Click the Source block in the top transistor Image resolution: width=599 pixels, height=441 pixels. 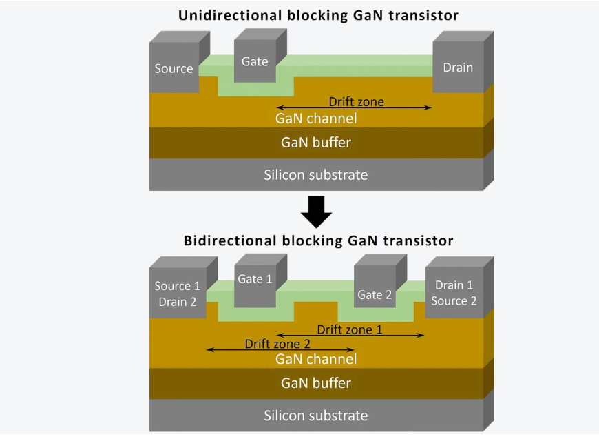(174, 68)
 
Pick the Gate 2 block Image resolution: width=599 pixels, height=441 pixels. (374, 294)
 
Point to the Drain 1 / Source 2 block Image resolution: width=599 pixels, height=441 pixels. (450, 292)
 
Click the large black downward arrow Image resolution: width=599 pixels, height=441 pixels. (316, 212)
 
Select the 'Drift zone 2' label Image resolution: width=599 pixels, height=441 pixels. (277, 343)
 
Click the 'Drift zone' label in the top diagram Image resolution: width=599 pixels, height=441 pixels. (356, 102)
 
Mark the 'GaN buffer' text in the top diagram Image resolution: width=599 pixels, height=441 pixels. (316, 143)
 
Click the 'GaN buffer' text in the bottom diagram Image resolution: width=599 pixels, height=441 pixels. (316, 383)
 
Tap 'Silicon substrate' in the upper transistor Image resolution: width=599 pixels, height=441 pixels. (316, 174)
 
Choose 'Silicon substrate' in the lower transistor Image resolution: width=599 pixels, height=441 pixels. (316, 415)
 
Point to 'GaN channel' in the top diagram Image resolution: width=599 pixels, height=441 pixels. (316, 119)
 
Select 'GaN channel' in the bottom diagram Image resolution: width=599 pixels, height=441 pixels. (316, 359)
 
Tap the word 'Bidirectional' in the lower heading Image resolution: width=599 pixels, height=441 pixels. (224, 241)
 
